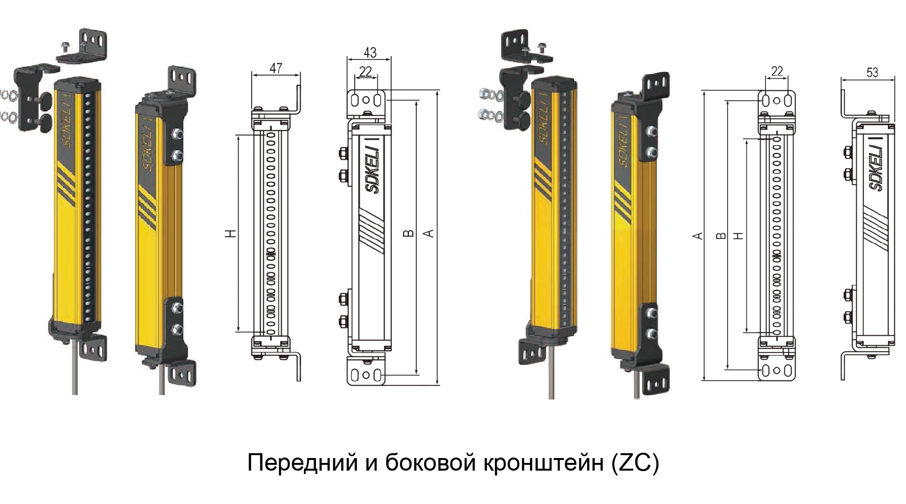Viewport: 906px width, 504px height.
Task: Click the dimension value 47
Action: (276, 68)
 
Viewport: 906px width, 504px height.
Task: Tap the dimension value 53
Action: (872, 73)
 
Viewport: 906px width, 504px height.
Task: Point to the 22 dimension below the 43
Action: (366, 72)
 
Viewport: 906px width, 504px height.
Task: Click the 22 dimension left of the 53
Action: (777, 72)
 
